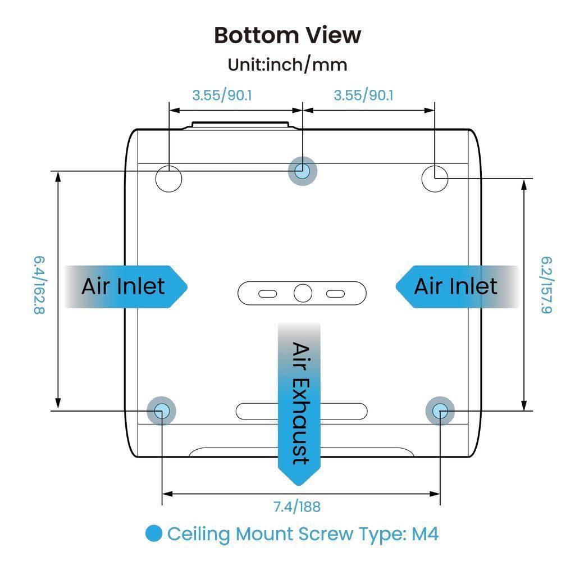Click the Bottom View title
pyautogui.click(x=287, y=35)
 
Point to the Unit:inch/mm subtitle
pyautogui.click(x=287, y=65)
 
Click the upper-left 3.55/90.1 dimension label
pyautogui.click(x=222, y=95)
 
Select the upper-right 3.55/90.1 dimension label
pyautogui.click(x=363, y=95)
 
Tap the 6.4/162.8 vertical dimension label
pyautogui.click(x=39, y=285)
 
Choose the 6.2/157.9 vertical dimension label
pyautogui.click(x=547, y=285)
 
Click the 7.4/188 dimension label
pyautogui.click(x=297, y=507)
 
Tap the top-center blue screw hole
pyautogui.click(x=302, y=171)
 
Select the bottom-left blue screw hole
pyautogui.click(x=161, y=410)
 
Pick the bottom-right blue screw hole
pyautogui.click(x=440, y=410)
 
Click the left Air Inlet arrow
pyautogui.click(x=126, y=286)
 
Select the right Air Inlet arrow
pyautogui.click(x=457, y=286)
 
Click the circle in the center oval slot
pyautogui.click(x=303, y=293)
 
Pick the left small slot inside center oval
pyautogui.click(x=268, y=294)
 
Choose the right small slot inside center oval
pyautogui.click(x=336, y=294)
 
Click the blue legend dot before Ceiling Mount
pyautogui.click(x=154, y=533)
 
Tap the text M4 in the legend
pyautogui.click(x=425, y=533)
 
